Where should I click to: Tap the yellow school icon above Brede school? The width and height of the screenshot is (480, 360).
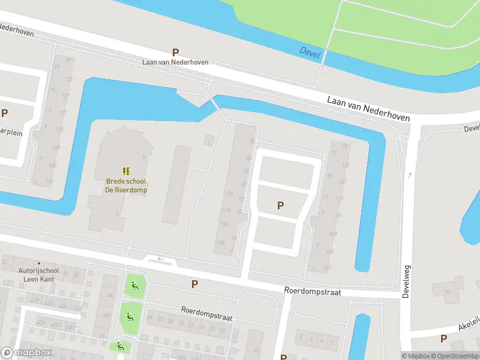126,172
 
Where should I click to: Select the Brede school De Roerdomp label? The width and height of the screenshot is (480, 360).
126,185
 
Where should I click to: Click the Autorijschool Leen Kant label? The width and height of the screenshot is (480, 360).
37,275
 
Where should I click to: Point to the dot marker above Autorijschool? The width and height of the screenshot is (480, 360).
39,263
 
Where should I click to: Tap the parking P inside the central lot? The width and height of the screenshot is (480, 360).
280,206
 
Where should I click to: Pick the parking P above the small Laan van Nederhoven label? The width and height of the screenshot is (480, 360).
176,52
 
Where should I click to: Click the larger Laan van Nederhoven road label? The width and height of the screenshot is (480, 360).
369,108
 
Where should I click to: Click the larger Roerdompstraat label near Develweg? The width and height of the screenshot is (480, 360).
313,291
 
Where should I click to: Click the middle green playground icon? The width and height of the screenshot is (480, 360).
128,316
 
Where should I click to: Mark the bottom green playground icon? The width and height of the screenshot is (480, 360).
120,346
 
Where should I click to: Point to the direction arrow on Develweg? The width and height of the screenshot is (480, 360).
410,175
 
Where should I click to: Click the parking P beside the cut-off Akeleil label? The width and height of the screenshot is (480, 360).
443,338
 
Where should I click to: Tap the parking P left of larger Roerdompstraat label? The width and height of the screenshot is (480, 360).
194,284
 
